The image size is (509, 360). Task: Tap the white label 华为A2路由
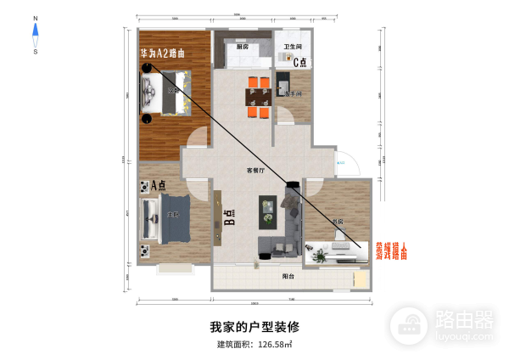[x=163, y=53]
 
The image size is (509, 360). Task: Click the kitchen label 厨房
[x=243, y=48]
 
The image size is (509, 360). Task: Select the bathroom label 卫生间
[x=294, y=46]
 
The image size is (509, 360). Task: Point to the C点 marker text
[x=300, y=61]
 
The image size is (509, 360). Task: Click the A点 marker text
[x=152, y=185]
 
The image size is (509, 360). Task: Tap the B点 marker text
[x=230, y=217]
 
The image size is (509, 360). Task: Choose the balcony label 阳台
[x=288, y=276]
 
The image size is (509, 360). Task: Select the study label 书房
[x=338, y=222]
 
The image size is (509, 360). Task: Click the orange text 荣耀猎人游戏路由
[x=386, y=250]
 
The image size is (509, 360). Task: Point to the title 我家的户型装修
[x=255, y=326]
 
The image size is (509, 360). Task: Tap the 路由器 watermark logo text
[x=463, y=319]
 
